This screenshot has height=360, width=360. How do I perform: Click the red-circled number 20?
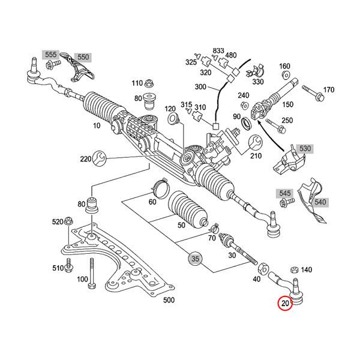[x=284, y=304]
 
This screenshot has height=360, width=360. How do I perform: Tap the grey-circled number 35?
[x=195, y=259]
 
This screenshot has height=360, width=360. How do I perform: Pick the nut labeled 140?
[x=295, y=271]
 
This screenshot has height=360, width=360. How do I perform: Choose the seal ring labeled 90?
[x=246, y=125]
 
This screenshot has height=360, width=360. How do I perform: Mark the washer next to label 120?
[x=174, y=120]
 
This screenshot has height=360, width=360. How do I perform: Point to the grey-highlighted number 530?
[x=305, y=148]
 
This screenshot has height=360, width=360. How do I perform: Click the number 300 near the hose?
[x=200, y=87]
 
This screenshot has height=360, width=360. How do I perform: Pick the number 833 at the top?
[x=218, y=50]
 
